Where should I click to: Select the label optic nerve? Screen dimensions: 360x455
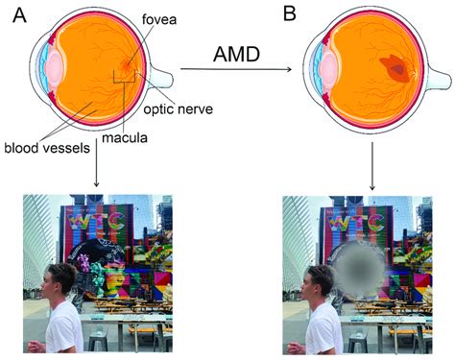tap(180, 108)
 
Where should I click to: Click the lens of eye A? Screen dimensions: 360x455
tap(55, 70)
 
